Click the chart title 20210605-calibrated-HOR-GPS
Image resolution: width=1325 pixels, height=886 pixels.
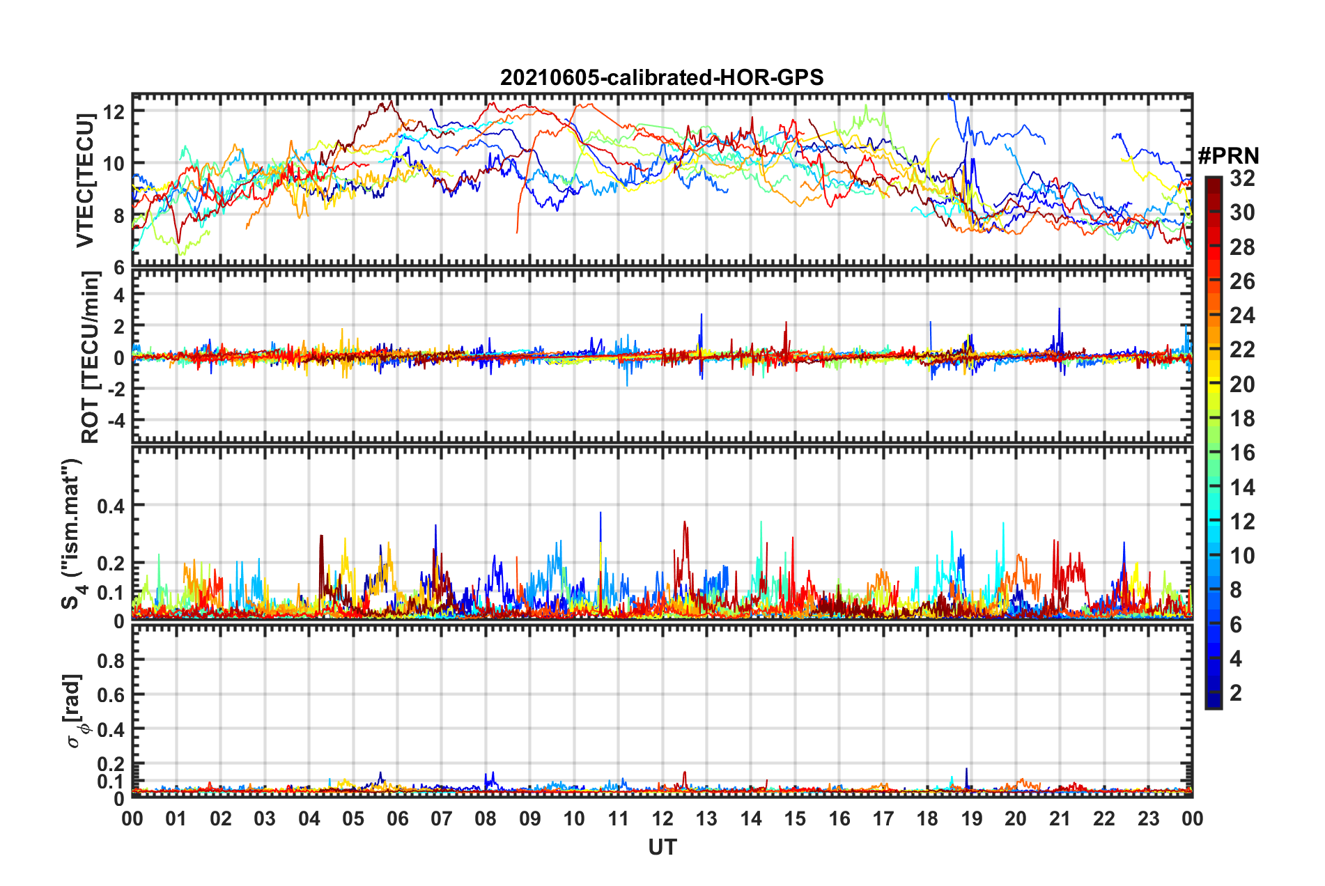point(662,77)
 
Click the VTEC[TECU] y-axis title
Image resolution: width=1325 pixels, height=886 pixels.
point(85,180)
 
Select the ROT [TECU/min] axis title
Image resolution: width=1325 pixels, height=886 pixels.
point(91,357)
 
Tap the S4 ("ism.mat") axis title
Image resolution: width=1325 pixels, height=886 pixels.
point(72,534)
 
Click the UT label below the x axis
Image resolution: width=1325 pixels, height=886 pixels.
point(662,847)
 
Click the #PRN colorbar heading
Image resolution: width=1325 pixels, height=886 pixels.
point(1228,156)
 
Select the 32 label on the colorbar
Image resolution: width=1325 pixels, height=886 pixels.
point(1242,178)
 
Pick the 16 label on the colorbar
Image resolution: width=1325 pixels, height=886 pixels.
point(1242,453)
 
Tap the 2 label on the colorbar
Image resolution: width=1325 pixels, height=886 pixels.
point(1236,693)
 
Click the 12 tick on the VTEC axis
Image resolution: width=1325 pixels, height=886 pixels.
point(114,112)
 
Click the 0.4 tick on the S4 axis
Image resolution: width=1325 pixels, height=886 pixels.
point(110,506)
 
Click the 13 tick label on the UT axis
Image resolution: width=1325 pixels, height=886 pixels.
point(706,818)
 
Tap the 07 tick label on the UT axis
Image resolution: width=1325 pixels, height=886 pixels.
point(442,818)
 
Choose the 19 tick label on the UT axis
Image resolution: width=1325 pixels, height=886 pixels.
point(972,818)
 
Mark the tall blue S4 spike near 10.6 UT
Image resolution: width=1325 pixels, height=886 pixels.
point(600,514)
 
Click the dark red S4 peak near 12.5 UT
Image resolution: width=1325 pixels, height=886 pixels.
point(684,523)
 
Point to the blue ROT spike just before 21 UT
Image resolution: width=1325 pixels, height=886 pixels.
point(1059,310)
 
